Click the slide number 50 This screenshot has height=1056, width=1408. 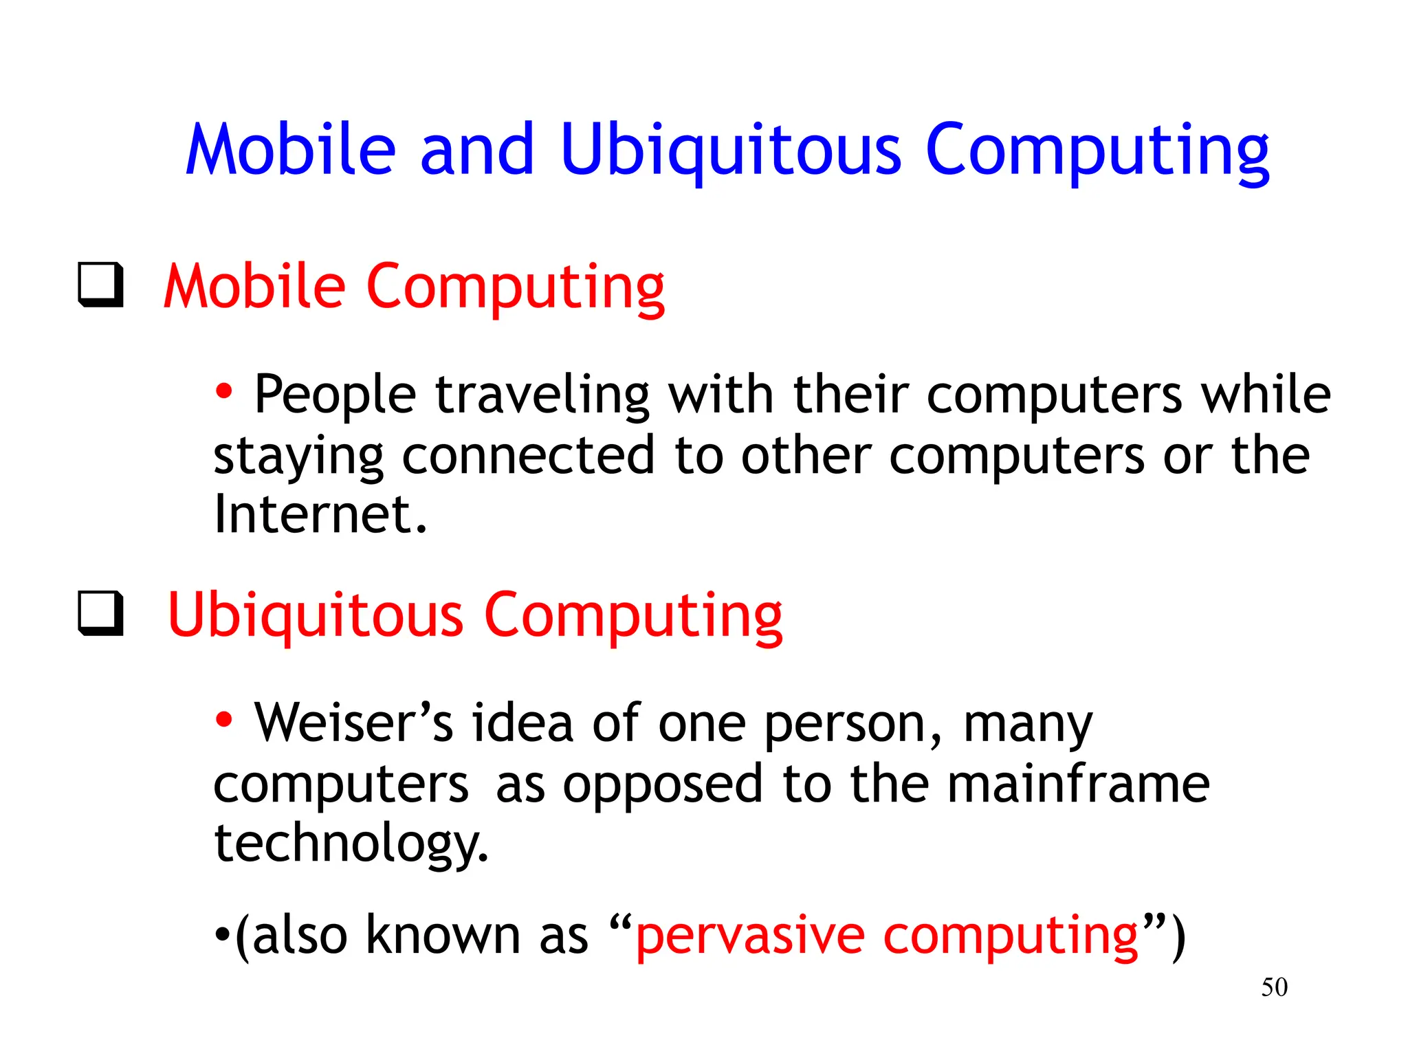[x=1274, y=987]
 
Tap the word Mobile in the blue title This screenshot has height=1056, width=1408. [x=291, y=150]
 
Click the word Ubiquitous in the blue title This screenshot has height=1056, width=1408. [x=730, y=150]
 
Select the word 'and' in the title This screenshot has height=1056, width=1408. [x=477, y=150]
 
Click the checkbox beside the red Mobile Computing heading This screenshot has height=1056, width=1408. [x=100, y=284]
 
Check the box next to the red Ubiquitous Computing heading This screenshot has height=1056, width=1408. [x=100, y=613]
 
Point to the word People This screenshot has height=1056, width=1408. [x=335, y=395]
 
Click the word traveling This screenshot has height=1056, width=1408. [x=542, y=396]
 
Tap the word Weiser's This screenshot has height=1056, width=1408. [x=353, y=723]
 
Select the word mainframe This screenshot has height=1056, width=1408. [x=1078, y=784]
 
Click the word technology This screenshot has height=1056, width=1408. [x=351, y=844]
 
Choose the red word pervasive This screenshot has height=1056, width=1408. [x=749, y=936]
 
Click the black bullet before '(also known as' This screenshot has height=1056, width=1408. [x=221, y=936]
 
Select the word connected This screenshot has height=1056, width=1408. [x=528, y=455]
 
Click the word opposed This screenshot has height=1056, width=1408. [x=663, y=785]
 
